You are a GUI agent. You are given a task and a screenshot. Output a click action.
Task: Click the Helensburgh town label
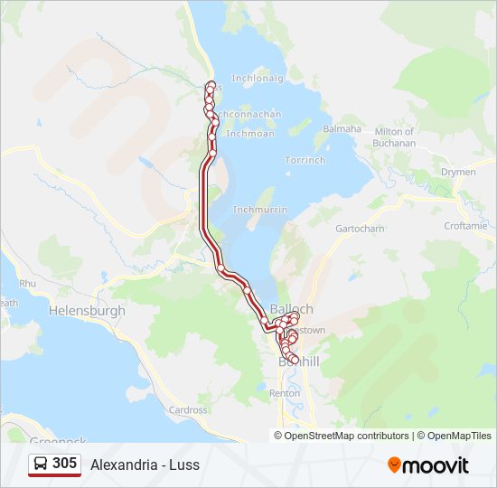click(88, 311)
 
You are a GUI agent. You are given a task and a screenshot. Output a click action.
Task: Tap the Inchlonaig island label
click(258, 79)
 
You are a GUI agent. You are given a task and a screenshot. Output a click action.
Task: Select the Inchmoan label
click(250, 134)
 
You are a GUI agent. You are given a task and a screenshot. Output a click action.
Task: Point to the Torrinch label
click(305, 160)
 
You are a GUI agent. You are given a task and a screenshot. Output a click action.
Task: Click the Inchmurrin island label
click(260, 210)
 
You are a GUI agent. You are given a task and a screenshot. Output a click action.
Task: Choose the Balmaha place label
click(342, 129)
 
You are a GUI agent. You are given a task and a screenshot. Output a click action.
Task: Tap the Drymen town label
click(457, 172)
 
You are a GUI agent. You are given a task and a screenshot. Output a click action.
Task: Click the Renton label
click(285, 393)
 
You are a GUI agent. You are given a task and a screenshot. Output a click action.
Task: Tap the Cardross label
click(188, 409)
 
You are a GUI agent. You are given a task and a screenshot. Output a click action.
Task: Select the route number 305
click(64, 463)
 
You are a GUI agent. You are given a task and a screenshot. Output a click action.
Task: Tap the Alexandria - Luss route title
click(145, 465)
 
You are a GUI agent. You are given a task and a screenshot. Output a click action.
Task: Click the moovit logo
click(428, 465)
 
